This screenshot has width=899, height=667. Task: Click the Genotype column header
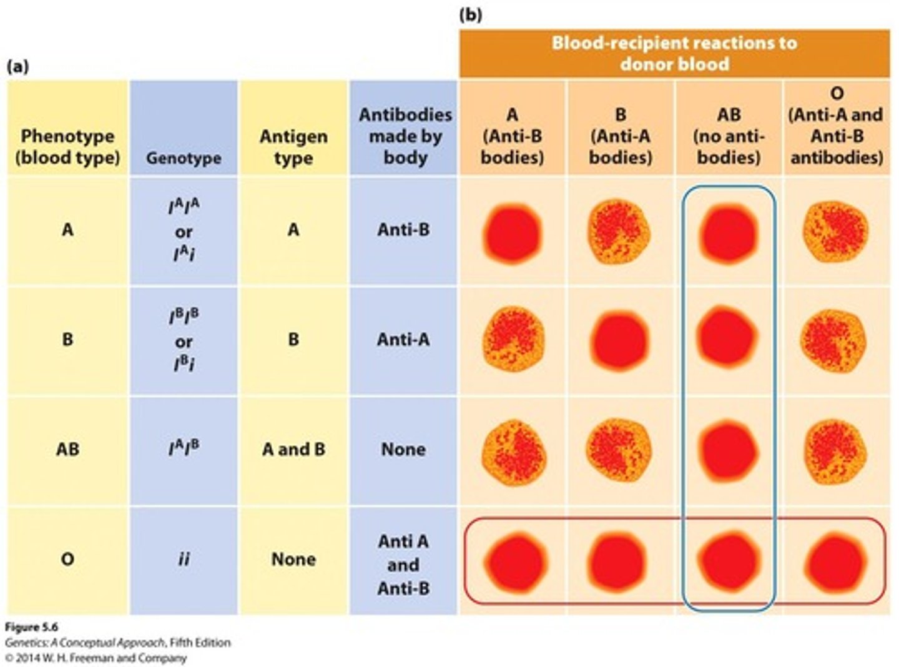(x=184, y=157)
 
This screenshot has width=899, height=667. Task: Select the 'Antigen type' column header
(x=293, y=147)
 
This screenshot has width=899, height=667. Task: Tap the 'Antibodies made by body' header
(x=405, y=136)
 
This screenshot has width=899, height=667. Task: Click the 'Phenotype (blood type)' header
(x=67, y=147)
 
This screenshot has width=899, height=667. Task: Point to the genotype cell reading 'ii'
(x=184, y=559)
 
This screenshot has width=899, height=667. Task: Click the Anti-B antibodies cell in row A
(x=403, y=230)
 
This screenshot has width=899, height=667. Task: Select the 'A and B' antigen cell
(x=293, y=449)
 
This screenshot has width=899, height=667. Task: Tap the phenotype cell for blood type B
(x=67, y=340)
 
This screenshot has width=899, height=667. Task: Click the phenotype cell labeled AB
(x=67, y=449)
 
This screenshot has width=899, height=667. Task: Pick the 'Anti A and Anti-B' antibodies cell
(x=403, y=564)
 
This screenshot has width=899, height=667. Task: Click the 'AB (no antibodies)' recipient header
(x=729, y=136)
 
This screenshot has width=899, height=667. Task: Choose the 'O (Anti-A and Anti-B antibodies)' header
(x=837, y=126)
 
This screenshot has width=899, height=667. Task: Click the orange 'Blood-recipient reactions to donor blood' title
(x=674, y=54)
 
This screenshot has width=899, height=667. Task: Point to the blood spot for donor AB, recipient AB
(x=729, y=449)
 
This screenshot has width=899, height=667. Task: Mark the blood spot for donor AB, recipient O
(x=835, y=449)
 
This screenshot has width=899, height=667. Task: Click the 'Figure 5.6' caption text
(x=31, y=627)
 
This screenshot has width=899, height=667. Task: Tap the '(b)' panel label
(x=470, y=14)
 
